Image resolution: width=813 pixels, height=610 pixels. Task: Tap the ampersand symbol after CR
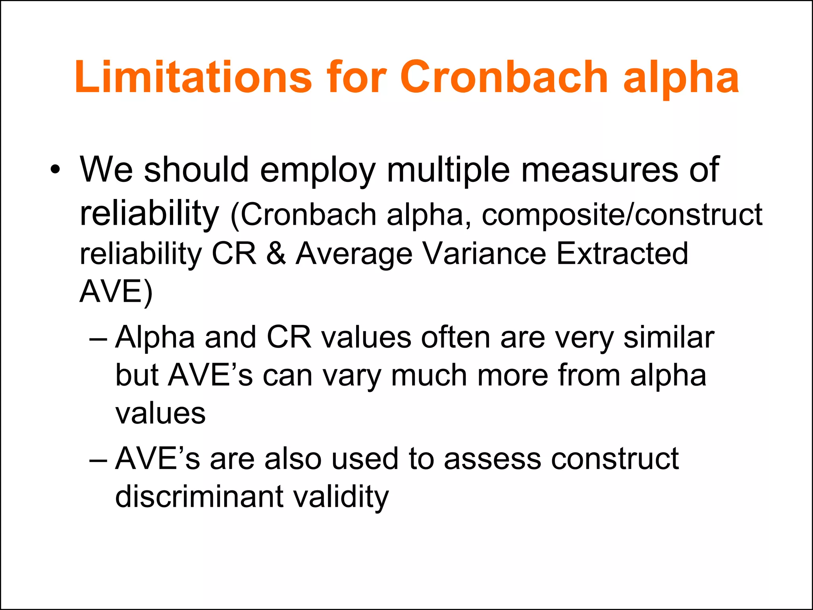[276, 254]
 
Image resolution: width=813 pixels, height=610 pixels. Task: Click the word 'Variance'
[484, 254]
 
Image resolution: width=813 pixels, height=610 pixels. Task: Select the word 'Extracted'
[622, 254]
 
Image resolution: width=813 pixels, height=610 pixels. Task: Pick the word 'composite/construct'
[622, 215]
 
